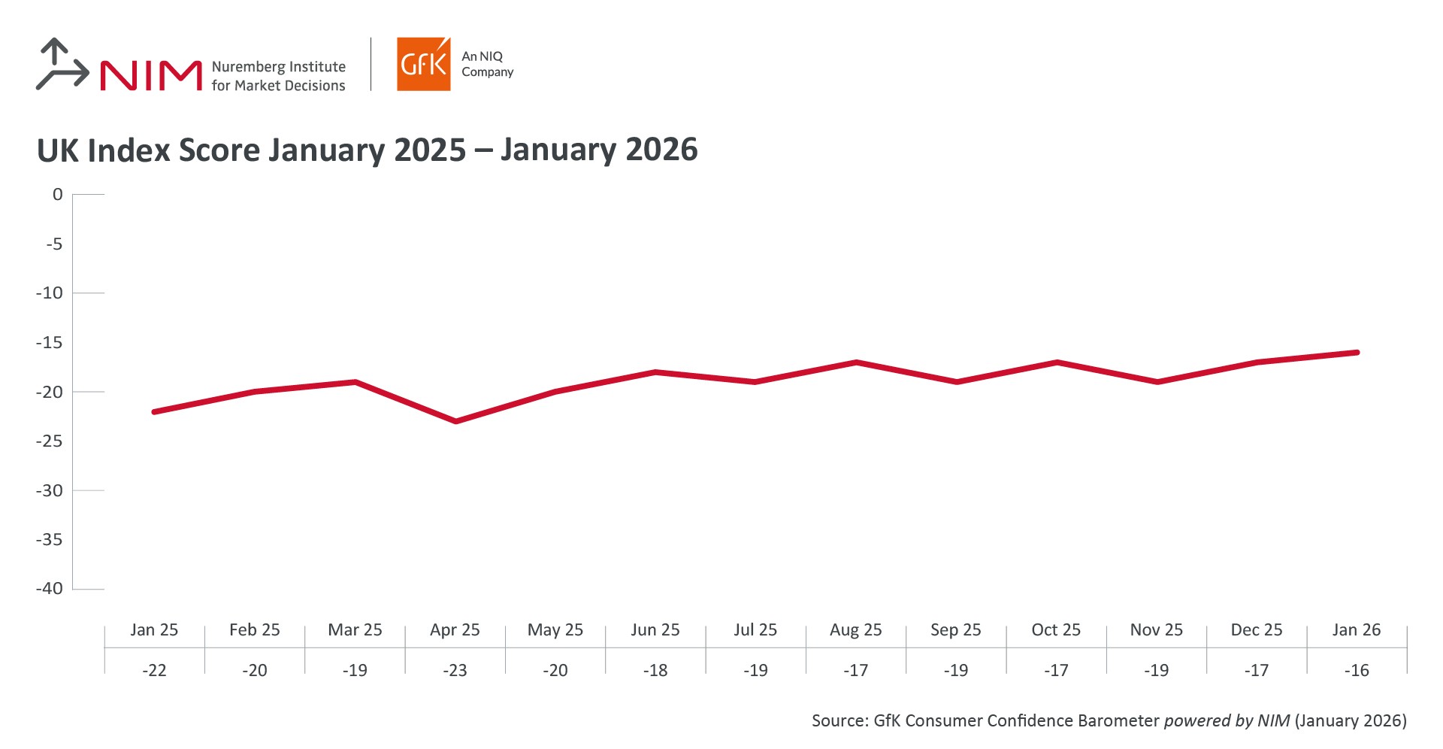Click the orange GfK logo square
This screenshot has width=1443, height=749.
point(423,65)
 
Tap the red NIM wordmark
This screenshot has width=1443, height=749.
point(151,75)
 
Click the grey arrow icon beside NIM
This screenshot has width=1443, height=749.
point(62,65)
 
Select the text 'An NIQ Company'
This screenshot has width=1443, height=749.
point(486,64)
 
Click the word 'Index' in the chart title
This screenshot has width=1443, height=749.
point(129,150)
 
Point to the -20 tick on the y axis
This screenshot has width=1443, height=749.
point(50,392)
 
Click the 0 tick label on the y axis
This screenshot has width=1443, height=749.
point(57,195)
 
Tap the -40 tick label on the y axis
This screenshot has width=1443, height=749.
point(50,589)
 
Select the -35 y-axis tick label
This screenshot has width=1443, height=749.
point(50,539)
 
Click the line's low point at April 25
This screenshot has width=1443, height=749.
point(455,421)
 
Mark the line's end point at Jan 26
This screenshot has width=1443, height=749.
point(1357,352)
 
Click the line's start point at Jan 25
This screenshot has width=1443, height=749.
point(154,411)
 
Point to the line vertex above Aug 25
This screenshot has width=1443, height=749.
point(856,362)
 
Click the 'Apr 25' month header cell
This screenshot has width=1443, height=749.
point(455,630)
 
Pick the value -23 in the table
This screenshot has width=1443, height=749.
point(455,670)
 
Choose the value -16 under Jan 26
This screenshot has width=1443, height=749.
point(1357,670)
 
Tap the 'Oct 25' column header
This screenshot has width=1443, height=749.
point(1056,630)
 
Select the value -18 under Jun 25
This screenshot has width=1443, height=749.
point(655,670)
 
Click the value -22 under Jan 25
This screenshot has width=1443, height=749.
point(154,670)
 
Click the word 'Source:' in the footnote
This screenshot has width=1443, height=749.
point(839,720)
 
